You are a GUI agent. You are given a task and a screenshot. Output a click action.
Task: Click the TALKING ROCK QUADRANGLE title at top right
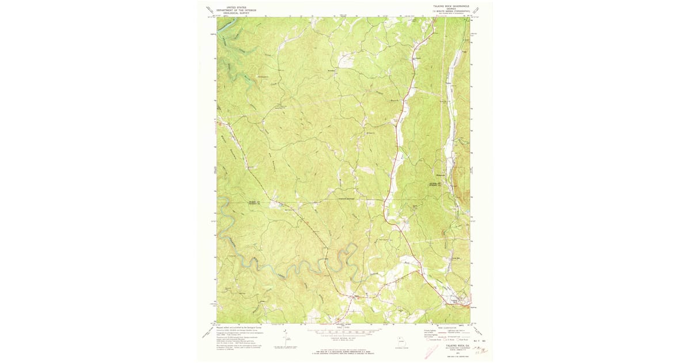[x=447, y=6]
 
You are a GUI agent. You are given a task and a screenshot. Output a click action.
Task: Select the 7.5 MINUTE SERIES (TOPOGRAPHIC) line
[x=447, y=11]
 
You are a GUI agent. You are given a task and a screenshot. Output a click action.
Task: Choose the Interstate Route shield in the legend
[x=428, y=340]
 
